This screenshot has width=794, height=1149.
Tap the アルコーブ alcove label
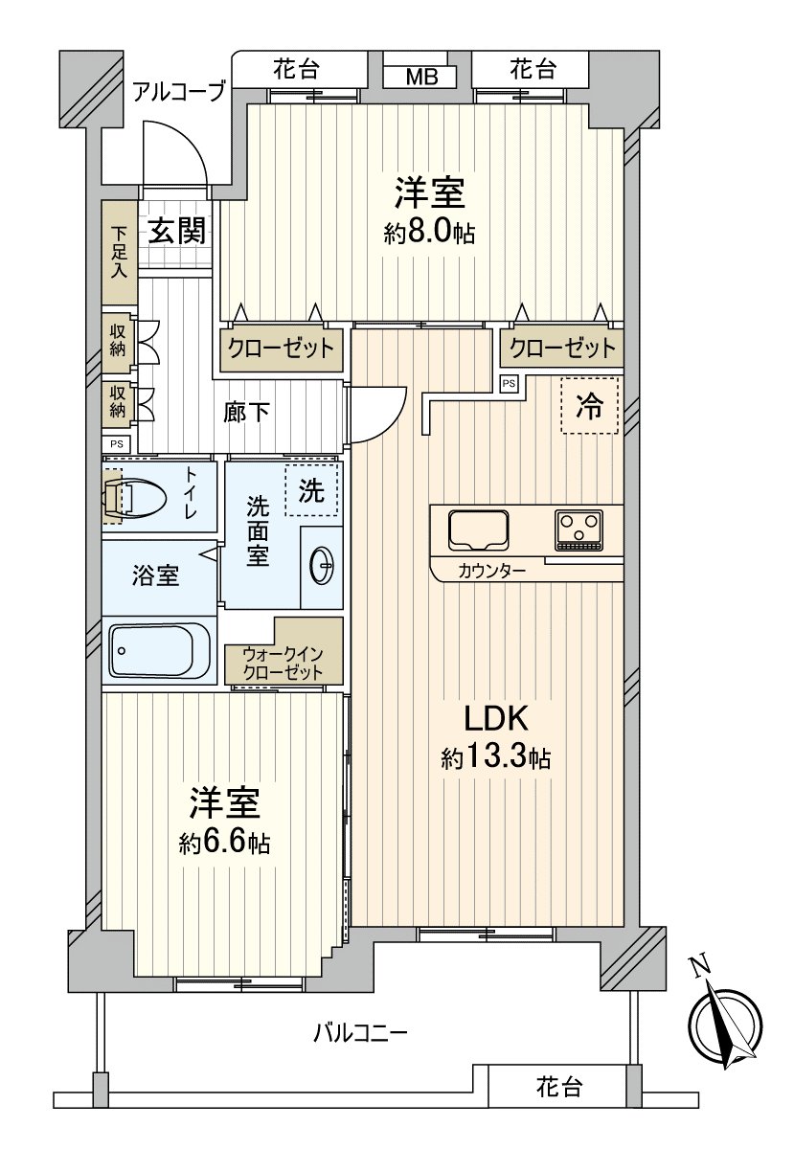pos(177,92)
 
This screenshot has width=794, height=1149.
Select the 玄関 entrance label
pos(176,231)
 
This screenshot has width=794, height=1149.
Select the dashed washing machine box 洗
pos(311,491)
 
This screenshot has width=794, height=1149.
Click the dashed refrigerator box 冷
pos(590,406)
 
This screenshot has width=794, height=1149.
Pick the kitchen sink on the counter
pos(479,529)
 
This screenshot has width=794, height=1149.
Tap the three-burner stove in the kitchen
pos(578,529)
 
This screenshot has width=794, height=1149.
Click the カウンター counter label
pos(491,571)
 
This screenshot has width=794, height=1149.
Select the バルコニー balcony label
pos(361,1032)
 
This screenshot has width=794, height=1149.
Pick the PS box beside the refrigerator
pos(509,384)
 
